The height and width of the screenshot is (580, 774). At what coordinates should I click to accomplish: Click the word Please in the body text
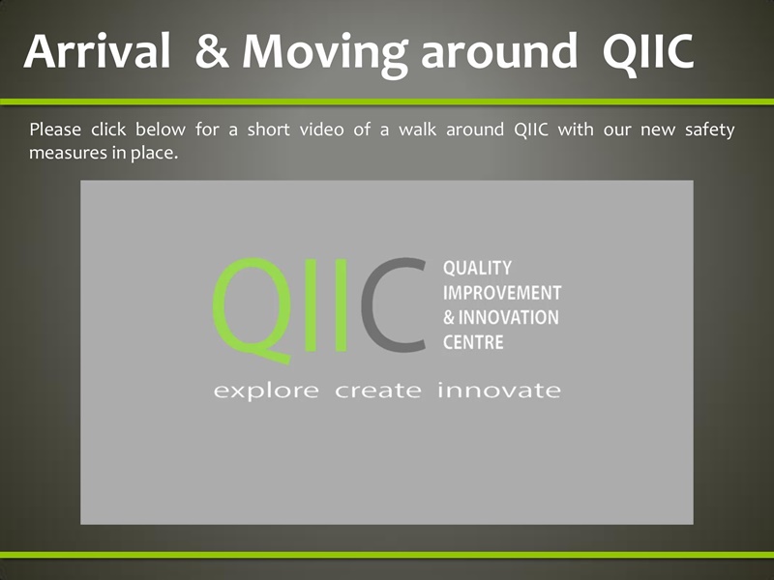(x=55, y=130)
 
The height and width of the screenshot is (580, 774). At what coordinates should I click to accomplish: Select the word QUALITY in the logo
(x=477, y=268)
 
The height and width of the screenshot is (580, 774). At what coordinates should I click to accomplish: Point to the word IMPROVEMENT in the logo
(x=501, y=292)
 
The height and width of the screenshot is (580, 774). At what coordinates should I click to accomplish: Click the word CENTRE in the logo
(x=473, y=342)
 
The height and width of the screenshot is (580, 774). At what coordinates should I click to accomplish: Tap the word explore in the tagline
(x=265, y=391)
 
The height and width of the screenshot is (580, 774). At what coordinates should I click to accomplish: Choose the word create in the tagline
(x=377, y=391)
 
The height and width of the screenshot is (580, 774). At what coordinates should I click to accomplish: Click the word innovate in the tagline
(x=499, y=391)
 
